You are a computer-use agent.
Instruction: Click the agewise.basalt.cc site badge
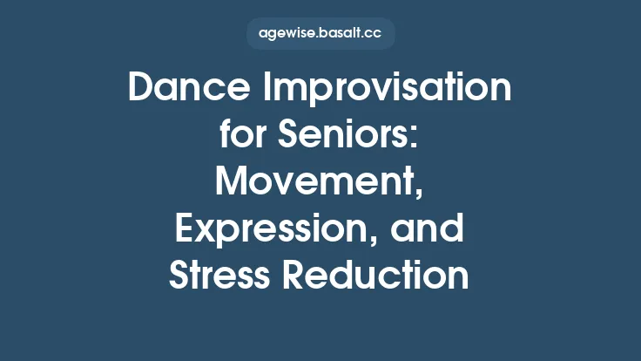(320, 34)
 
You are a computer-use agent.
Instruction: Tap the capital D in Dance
(141, 89)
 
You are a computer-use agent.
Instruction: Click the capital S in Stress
(179, 276)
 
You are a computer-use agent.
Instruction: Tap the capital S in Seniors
(294, 136)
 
